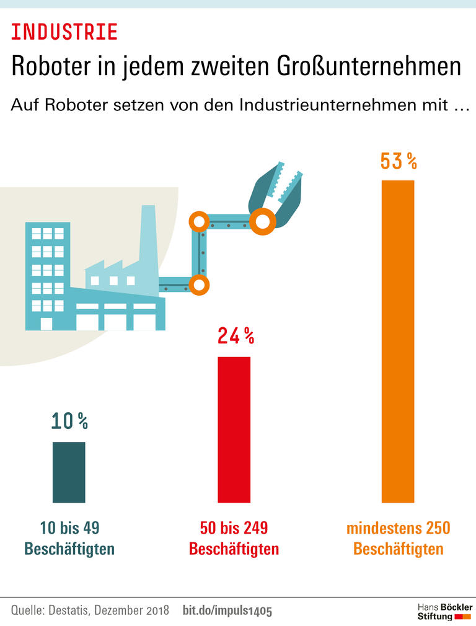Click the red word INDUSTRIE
point(64,32)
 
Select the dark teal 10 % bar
point(69,472)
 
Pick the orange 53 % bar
point(398,341)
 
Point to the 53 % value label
point(398,162)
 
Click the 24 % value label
point(236,336)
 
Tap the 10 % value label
point(69,421)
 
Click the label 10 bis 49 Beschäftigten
point(69,539)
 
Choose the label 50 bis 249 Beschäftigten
point(234,539)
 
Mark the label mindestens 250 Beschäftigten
point(398,539)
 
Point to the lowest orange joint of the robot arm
point(199,285)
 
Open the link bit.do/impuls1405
point(227,610)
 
